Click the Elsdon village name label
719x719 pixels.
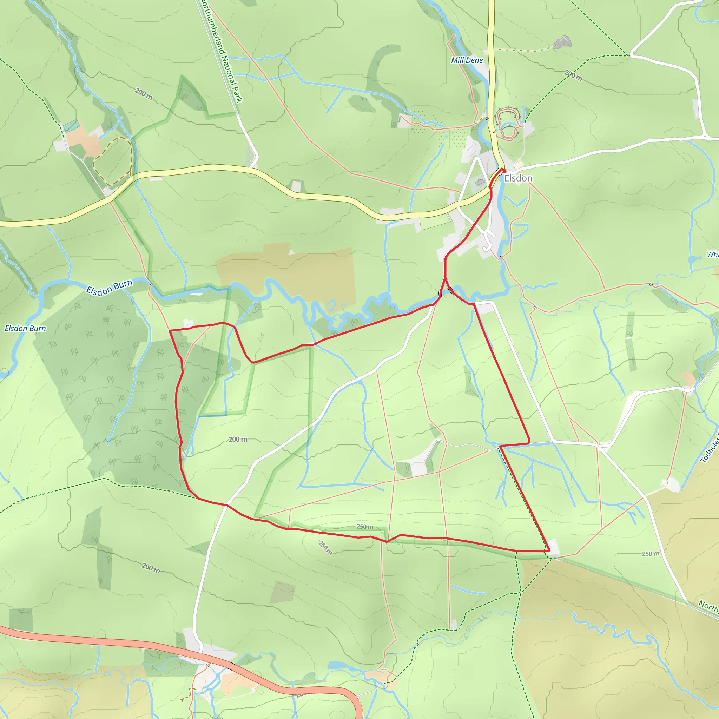coord(518,179)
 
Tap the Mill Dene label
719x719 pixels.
coord(467,60)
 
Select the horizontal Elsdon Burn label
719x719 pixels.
coord(25,328)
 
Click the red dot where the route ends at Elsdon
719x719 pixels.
coord(504,170)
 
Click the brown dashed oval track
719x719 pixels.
coord(113,161)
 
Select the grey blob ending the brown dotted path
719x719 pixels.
coord(562,42)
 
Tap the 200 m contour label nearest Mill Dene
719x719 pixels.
coord(573,75)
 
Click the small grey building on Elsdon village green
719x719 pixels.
coord(480,182)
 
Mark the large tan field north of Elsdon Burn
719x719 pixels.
coord(286,272)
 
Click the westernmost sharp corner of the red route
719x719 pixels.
coord(170,330)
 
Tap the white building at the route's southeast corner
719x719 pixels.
coord(553,548)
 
